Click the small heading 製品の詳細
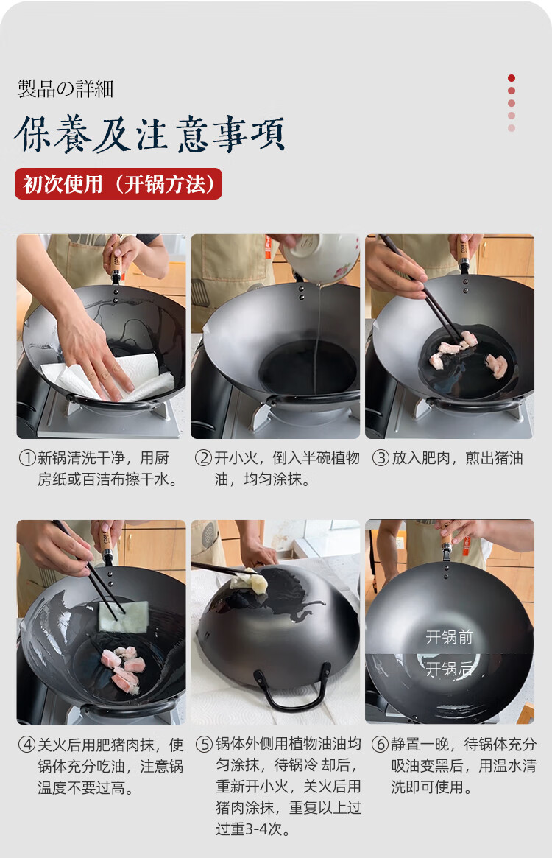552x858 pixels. [x=66, y=88]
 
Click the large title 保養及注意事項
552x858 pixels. [x=149, y=134]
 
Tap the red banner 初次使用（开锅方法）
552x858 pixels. [x=118, y=184]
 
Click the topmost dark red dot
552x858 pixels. [x=512, y=78]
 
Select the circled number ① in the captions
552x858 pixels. [x=26, y=458]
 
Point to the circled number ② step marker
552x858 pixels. [x=204, y=458]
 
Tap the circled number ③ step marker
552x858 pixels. [x=381, y=458]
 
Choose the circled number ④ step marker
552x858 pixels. [x=26, y=745]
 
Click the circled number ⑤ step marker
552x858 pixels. [x=204, y=744]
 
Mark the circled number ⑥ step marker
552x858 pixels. [x=381, y=744]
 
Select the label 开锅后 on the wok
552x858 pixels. [x=449, y=669]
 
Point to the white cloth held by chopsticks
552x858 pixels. [x=124, y=616]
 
